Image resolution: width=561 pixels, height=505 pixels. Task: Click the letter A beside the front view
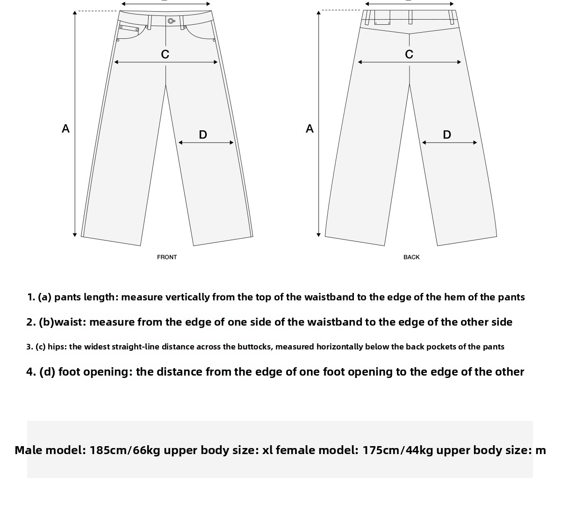click(x=65, y=128)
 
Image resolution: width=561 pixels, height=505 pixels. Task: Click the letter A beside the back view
click(x=309, y=128)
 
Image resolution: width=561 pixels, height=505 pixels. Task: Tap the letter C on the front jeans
click(x=165, y=55)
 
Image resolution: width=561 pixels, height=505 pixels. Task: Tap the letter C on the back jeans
click(x=409, y=55)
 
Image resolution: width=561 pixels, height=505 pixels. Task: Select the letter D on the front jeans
click(x=203, y=135)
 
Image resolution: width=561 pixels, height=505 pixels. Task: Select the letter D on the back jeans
click(x=447, y=135)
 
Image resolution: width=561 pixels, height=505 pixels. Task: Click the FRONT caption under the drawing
click(x=167, y=257)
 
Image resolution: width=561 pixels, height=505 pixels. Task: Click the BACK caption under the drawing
click(x=411, y=257)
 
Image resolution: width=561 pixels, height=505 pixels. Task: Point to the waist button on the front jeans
click(x=171, y=21)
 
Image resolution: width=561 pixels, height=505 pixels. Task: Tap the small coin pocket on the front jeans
click(x=129, y=29)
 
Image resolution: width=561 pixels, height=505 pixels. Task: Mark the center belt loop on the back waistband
click(x=410, y=17)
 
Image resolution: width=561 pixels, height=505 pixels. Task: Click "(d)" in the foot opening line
click(x=47, y=372)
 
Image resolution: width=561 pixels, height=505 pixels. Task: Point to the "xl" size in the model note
click(x=267, y=450)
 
